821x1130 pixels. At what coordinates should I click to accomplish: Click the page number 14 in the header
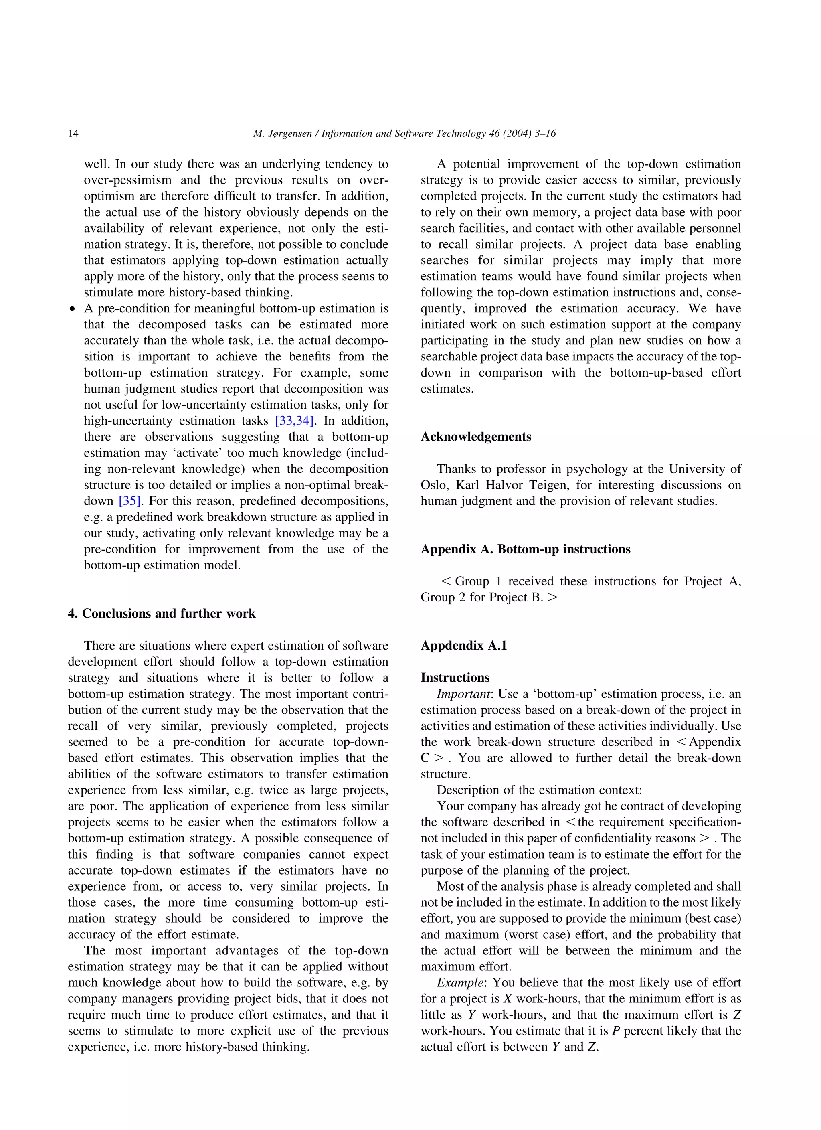(73, 133)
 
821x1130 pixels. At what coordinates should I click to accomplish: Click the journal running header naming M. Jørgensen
(404, 133)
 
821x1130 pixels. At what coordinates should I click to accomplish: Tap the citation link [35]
(129, 501)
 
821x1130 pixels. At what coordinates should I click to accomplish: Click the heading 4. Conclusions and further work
(162, 614)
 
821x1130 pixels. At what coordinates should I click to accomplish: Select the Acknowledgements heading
(476, 437)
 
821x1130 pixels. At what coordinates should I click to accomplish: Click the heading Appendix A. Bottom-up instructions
(525, 549)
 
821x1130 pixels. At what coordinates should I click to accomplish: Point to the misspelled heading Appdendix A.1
(463, 646)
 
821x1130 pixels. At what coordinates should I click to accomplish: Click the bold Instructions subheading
(455, 678)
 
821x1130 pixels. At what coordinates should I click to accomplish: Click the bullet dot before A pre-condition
(73, 309)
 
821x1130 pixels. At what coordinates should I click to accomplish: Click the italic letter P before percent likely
(615, 1031)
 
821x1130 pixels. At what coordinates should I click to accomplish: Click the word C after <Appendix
(425, 758)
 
